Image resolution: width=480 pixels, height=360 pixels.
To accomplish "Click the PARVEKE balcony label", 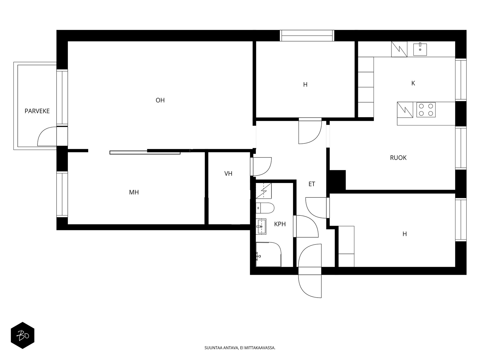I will [37, 111].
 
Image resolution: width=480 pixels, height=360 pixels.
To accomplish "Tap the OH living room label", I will [160, 100].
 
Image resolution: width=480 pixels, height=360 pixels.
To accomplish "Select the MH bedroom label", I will [134, 192].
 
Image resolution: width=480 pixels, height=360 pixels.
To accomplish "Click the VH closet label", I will [228, 173].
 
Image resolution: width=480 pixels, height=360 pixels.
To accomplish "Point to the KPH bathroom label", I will [280, 224].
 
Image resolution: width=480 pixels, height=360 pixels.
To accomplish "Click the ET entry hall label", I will [312, 184].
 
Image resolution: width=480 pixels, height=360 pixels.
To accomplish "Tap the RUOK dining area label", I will [398, 158].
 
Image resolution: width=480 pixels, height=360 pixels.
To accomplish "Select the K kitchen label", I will [413, 83].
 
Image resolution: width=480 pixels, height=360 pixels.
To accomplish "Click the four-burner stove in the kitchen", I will [426, 109].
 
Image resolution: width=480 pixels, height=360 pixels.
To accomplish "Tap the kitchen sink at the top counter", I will [420, 49].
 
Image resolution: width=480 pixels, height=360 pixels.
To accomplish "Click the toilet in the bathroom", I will [265, 208].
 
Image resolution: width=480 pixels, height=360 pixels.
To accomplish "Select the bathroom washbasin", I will [261, 226].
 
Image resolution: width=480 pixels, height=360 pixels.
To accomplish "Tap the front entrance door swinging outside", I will [310, 285].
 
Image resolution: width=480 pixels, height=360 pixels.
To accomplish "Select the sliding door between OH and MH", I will [145, 153].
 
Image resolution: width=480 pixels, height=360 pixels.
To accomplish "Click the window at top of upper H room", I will [307, 36].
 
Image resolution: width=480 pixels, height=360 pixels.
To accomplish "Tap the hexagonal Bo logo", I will [22, 335].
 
